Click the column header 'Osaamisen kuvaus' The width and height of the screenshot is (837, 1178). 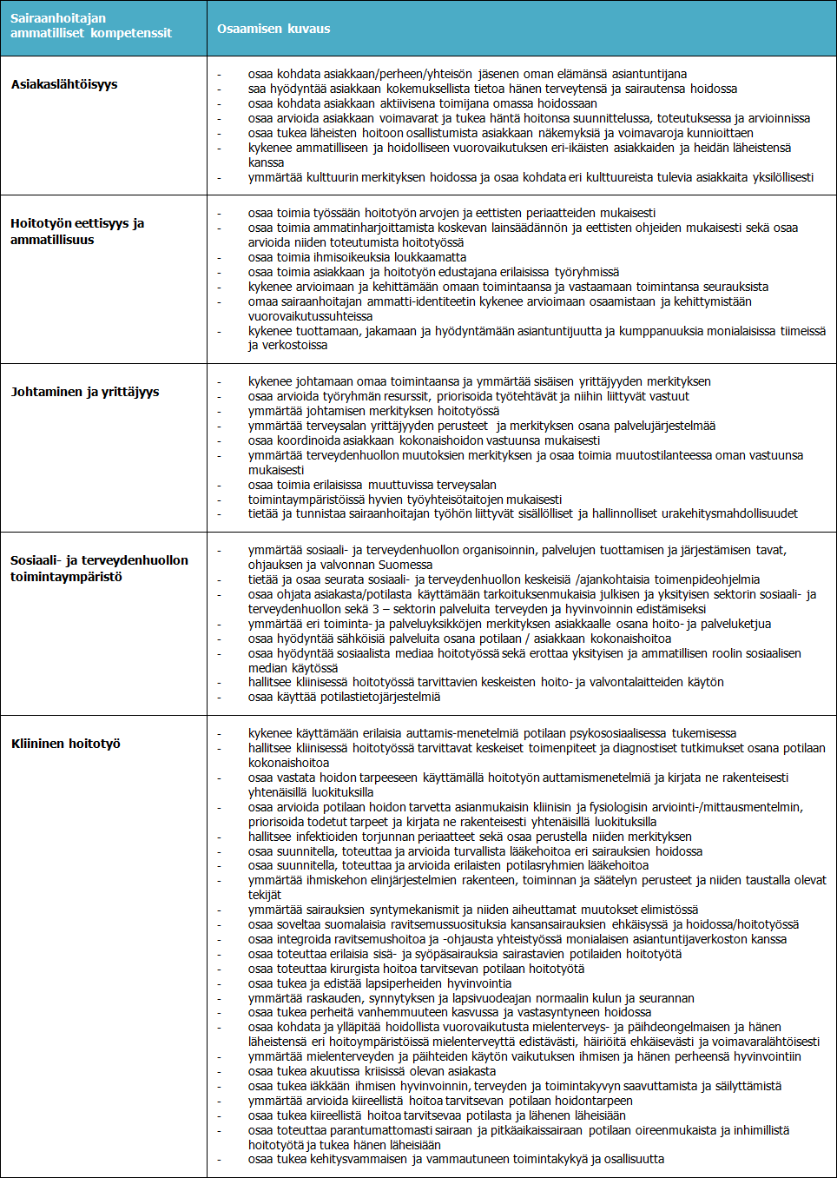(274, 29)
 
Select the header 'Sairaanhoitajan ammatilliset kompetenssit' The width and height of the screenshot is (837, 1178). (91, 26)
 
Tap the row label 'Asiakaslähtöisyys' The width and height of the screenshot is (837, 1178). (64, 84)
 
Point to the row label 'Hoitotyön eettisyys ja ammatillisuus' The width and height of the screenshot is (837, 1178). (77, 231)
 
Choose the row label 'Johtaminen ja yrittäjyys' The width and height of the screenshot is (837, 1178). (85, 392)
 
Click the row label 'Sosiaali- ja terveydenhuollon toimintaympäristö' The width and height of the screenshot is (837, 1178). (99, 568)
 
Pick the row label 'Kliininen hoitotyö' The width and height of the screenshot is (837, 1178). (66, 744)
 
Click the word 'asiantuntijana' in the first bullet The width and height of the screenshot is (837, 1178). (646, 74)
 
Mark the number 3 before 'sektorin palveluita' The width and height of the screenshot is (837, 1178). (376, 609)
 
